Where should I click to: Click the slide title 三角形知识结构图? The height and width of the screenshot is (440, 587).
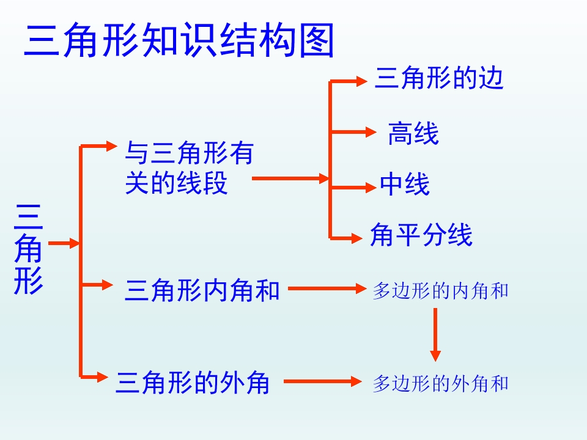pyautogui.click(x=179, y=40)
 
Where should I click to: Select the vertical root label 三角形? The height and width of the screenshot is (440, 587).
pyautogui.click(x=29, y=249)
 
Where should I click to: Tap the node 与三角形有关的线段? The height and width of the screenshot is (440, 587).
pyautogui.click(x=189, y=167)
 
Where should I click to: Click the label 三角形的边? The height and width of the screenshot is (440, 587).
pyautogui.click(x=439, y=78)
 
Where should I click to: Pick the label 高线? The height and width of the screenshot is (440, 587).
pyautogui.click(x=413, y=134)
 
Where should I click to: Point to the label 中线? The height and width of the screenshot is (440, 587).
pyautogui.click(x=405, y=184)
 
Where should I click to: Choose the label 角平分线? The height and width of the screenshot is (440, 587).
pyautogui.click(x=421, y=235)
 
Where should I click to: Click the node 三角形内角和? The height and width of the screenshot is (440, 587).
pyautogui.click(x=202, y=290)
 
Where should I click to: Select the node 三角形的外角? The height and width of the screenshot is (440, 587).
pyautogui.click(x=193, y=383)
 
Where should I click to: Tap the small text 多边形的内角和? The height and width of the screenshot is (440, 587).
pyautogui.click(x=441, y=291)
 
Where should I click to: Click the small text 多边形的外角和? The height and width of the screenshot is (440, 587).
pyautogui.click(x=441, y=384)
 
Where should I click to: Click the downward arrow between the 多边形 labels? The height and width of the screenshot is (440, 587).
pyautogui.click(x=435, y=334)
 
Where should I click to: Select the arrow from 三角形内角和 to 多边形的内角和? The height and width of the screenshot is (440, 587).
pyautogui.click(x=327, y=288)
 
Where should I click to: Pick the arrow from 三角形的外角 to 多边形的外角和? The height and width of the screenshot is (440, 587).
pyautogui.click(x=323, y=381)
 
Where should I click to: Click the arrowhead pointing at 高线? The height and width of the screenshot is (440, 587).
pyautogui.click(x=371, y=132)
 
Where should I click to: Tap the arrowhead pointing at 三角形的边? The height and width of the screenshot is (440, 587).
pyautogui.click(x=362, y=81)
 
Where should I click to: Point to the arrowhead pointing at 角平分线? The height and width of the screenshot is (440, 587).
pyautogui.click(x=356, y=238)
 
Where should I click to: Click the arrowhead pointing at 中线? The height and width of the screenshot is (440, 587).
pyautogui.click(x=371, y=187)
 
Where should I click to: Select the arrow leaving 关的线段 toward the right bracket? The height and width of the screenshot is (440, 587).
pyautogui.click(x=291, y=178)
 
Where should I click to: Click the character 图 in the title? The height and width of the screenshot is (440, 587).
pyautogui.click(x=317, y=40)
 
